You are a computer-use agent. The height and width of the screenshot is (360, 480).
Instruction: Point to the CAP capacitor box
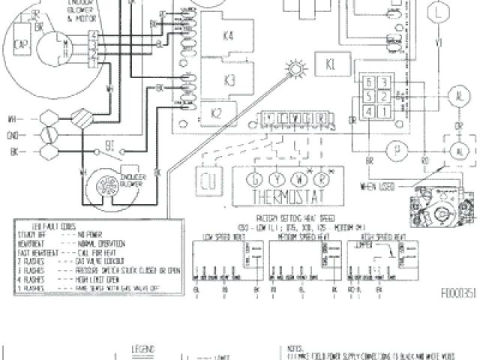click(x=22, y=44)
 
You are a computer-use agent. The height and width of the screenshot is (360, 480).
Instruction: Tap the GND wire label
click(x=13, y=136)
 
